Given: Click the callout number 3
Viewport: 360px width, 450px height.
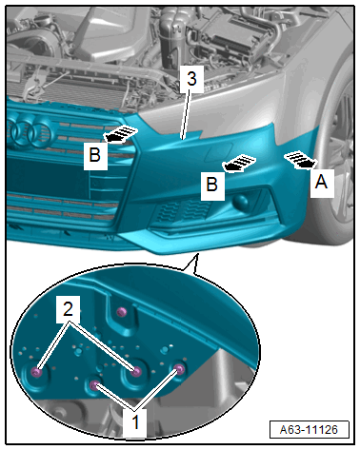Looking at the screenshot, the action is (x=191, y=79).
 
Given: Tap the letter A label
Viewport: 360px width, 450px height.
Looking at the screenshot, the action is (x=322, y=183).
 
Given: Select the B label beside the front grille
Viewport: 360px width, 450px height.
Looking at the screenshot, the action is (x=95, y=155).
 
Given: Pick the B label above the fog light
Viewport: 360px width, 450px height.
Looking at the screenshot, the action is (x=212, y=185).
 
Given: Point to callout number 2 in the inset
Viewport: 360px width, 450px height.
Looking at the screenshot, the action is (x=68, y=309).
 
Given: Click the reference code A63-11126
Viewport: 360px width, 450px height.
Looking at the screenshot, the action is (x=309, y=430).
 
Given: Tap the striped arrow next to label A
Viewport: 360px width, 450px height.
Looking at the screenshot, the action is (x=300, y=160).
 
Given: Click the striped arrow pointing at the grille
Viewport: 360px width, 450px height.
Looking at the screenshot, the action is (x=120, y=134).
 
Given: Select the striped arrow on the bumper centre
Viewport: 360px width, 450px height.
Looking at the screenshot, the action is (x=240, y=163).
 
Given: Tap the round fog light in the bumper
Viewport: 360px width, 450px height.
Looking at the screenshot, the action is (x=240, y=203).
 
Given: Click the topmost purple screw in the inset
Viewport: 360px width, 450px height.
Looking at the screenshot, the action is (x=121, y=312).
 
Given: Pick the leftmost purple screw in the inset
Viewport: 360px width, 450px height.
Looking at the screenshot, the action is (x=36, y=372).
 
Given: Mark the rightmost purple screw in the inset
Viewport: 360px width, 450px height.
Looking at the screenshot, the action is (x=180, y=369).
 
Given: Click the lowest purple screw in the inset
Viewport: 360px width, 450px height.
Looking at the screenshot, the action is (x=93, y=385).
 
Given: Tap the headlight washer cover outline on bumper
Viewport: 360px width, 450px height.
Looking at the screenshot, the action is (x=219, y=151).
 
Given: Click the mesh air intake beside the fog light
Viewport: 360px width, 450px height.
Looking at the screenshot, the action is (x=184, y=211).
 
